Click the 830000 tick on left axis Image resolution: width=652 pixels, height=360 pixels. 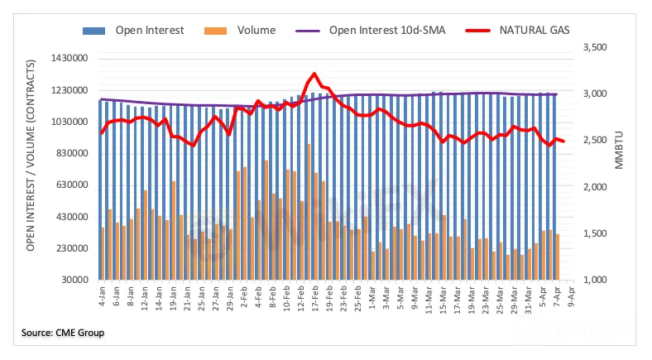tap(71, 154)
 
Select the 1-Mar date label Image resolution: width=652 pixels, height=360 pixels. tap(373, 296)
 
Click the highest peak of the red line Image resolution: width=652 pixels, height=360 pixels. tap(314, 74)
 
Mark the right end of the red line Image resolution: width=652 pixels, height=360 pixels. tap(563, 142)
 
